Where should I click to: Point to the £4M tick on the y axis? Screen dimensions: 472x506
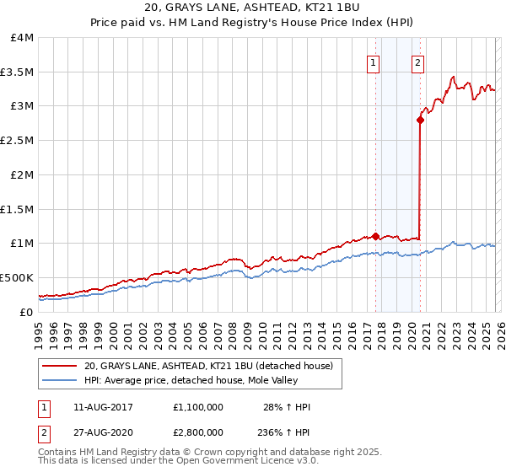19,38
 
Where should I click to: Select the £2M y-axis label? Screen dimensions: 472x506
19,174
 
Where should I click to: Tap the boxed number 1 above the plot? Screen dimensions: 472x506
373,62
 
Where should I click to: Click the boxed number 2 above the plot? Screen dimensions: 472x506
417,62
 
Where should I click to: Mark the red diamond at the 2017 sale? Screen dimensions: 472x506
375,236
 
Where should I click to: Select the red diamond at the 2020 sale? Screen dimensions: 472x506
420,121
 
